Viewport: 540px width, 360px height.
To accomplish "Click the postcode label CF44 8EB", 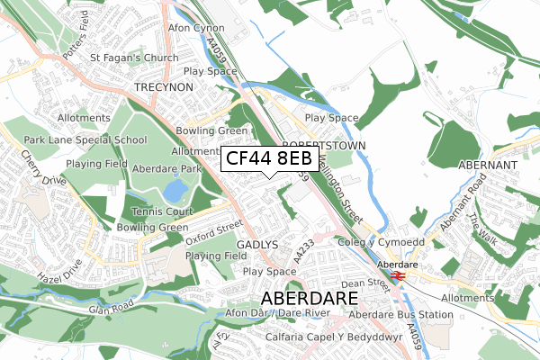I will point(269,159).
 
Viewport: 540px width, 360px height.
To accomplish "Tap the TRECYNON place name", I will point(164,86).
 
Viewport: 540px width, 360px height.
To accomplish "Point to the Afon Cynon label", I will point(196,28).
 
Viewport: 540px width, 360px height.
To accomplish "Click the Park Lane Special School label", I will point(85,139).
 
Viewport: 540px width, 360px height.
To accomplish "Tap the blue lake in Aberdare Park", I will point(175,190).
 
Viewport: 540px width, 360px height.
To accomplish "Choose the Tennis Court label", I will point(157,211).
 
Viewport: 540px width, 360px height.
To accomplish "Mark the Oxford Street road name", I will point(214,233).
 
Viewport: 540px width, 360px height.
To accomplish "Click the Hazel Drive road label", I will point(66,273).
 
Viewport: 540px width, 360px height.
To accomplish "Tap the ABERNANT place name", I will point(487,166).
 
